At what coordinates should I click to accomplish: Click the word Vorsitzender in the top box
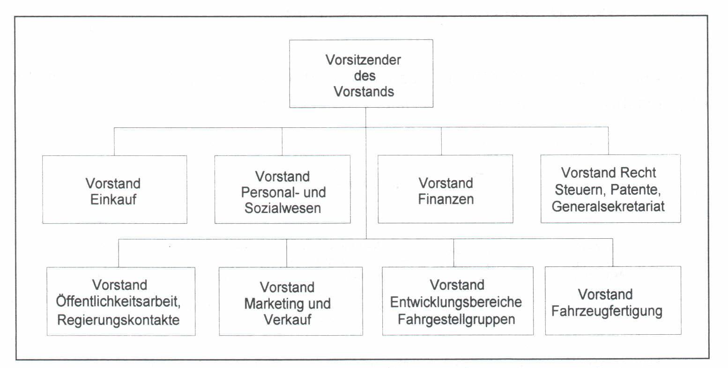363,60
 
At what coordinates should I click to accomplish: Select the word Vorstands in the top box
364,92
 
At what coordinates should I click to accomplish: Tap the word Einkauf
113,199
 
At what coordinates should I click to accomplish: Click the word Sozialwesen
283,208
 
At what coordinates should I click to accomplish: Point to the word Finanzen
446,199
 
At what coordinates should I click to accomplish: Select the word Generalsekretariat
608,206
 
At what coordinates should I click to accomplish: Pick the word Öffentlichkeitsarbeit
118,301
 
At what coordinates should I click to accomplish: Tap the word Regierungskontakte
119,320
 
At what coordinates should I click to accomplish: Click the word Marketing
275,304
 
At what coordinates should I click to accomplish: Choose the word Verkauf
288,320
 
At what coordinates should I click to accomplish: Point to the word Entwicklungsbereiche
456,302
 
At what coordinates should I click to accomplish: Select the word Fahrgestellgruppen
457,319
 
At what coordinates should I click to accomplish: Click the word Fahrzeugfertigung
607,311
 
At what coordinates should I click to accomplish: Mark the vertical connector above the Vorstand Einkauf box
114,141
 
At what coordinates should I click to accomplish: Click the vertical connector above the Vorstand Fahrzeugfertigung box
613,253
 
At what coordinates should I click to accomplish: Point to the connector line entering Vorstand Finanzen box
441,141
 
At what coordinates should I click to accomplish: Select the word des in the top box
364,76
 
